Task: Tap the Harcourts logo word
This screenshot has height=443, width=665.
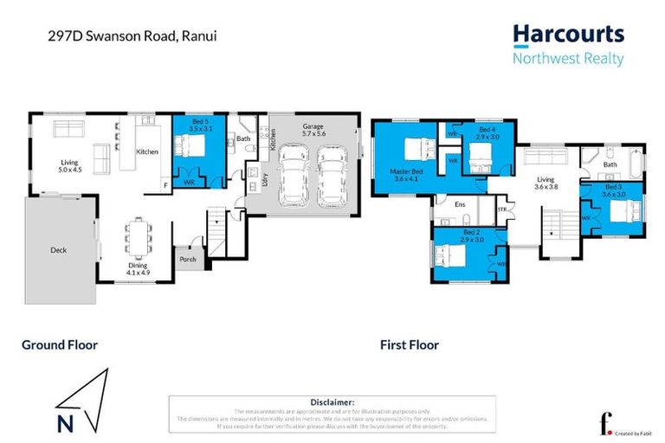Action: [567, 35]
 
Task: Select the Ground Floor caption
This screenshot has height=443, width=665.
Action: [59, 344]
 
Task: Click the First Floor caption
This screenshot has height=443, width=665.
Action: [409, 344]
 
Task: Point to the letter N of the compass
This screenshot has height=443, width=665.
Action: [65, 424]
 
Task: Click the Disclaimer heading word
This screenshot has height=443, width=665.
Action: [332, 402]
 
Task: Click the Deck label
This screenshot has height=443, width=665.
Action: [58, 250]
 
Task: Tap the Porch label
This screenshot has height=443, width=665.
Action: [187, 259]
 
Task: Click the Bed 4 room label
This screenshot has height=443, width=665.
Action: [487, 132]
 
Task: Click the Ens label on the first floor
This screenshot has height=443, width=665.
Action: [460, 205]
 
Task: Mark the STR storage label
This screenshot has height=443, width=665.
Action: [502, 209]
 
